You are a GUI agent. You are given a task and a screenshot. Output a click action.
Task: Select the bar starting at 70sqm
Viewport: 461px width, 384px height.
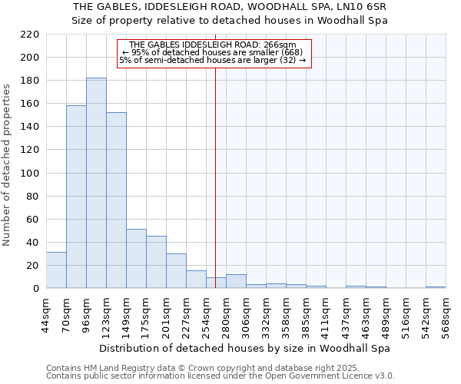click(76, 197)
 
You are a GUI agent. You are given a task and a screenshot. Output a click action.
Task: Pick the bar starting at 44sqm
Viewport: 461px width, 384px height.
click(56, 270)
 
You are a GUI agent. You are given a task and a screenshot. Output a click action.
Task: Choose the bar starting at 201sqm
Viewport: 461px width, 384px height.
click(176, 271)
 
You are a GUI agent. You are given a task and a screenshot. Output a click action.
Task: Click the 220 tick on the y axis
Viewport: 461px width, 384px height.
click(30, 35)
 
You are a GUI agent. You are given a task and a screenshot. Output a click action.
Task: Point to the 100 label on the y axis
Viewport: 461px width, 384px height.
click(30, 173)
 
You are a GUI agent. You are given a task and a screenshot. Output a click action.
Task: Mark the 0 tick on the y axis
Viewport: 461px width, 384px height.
click(36, 289)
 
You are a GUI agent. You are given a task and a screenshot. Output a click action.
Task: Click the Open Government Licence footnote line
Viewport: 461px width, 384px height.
click(220, 376)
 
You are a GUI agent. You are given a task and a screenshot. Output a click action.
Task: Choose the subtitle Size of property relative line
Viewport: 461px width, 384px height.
click(230, 21)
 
